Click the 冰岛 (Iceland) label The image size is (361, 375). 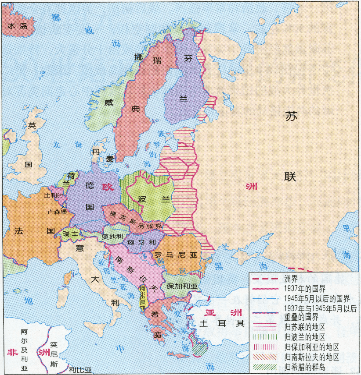click(18, 26)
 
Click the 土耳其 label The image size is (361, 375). click(222, 324)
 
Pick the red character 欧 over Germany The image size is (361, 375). click(108, 187)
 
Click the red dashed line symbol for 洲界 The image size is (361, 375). click(266, 279)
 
